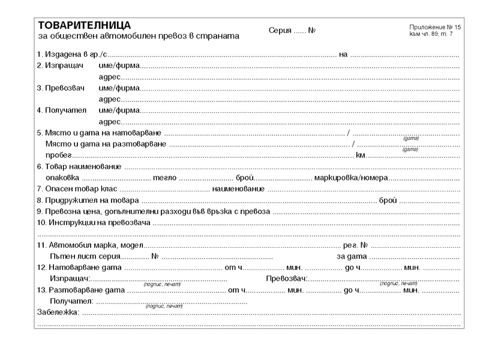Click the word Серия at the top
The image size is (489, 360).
tap(280, 31)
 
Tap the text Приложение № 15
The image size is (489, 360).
tap(435, 28)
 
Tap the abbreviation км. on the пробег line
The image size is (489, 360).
tap(361, 155)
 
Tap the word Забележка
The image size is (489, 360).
tap(58, 312)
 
